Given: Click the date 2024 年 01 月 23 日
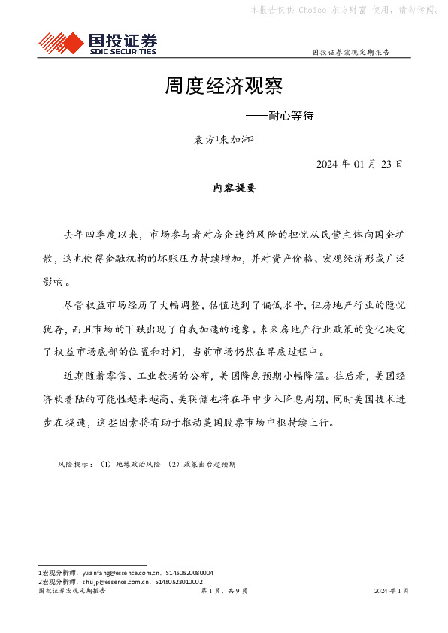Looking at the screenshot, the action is tap(359, 164).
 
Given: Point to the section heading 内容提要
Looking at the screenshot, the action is tap(224, 189).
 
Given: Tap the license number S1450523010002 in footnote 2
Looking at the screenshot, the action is tap(178, 581).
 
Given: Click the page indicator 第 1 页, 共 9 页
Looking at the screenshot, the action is tap(223, 591).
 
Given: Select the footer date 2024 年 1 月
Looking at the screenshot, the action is tap(392, 591).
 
